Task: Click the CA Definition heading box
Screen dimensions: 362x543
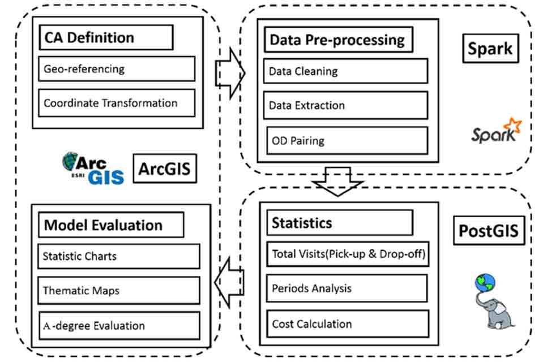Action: pyautogui.click(x=106, y=38)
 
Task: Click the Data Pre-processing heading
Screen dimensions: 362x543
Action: pyautogui.click(x=337, y=40)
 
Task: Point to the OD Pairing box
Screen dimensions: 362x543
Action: pyautogui.click(x=347, y=140)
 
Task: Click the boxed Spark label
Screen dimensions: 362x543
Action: pyautogui.click(x=490, y=49)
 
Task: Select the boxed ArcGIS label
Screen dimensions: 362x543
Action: pyautogui.click(x=165, y=169)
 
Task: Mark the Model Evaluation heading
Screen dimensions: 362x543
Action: pyautogui.click(x=111, y=225)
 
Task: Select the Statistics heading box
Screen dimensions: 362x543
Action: pyautogui.click(x=339, y=223)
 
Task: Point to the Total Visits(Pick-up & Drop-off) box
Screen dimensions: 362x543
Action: pyautogui.click(x=347, y=254)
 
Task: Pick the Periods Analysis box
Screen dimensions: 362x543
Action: pyautogui.click(x=347, y=288)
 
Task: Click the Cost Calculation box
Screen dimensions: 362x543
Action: pyautogui.click(x=347, y=324)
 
